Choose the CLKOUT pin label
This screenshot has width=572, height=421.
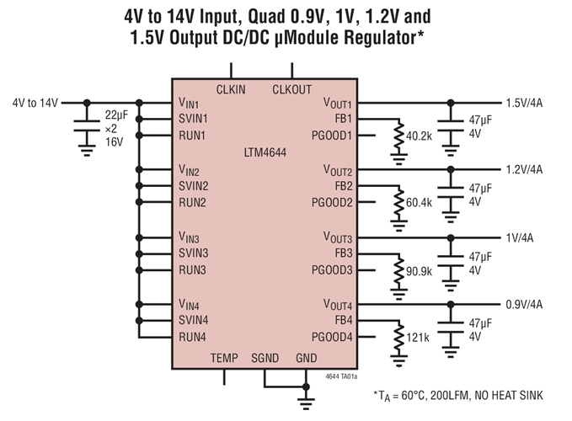(x=291, y=89)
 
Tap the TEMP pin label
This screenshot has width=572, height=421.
(x=224, y=358)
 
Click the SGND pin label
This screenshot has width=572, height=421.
(x=267, y=358)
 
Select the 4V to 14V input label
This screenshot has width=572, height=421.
(x=35, y=103)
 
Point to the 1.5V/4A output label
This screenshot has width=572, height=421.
(x=523, y=102)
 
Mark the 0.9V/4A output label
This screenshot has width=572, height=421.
(x=523, y=304)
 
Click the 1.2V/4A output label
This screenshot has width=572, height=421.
(x=523, y=169)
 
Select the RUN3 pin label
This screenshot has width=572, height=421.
(x=192, y=269)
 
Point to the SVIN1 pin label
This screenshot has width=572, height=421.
(x=194, y=119)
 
